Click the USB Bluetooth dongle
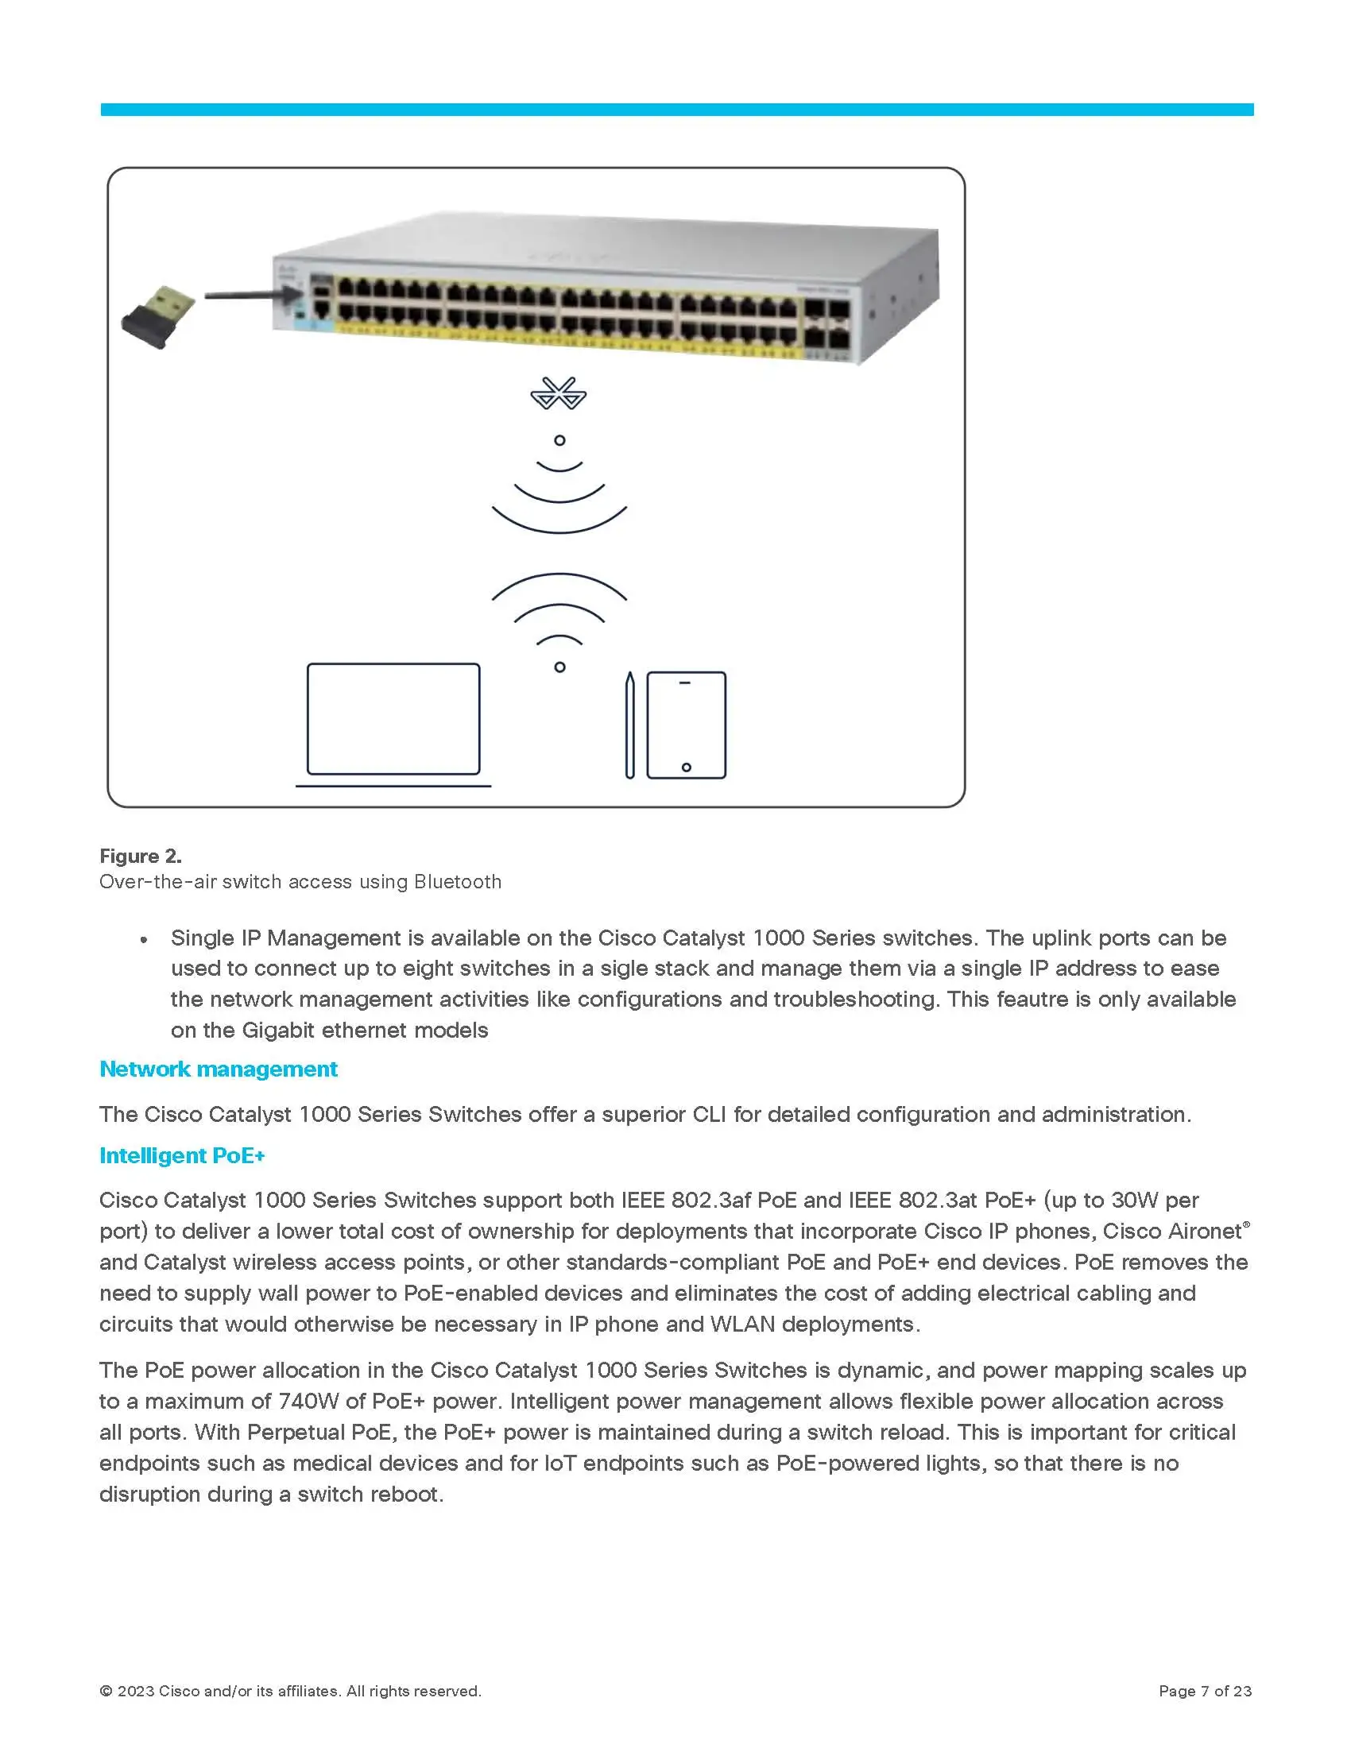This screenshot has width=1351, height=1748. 158,317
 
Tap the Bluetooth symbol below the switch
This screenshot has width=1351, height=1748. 559,394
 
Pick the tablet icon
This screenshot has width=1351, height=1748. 686,725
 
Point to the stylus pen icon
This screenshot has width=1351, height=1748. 630,725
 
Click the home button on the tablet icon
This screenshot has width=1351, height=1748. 686,768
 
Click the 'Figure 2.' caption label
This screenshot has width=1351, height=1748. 140,857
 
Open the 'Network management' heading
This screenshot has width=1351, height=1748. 218,1069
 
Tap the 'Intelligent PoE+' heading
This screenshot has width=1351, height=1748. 182,1156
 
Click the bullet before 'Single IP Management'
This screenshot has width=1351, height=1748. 144,941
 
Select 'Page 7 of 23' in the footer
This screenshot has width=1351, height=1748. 1205,1691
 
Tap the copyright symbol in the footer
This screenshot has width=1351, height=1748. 106,1691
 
